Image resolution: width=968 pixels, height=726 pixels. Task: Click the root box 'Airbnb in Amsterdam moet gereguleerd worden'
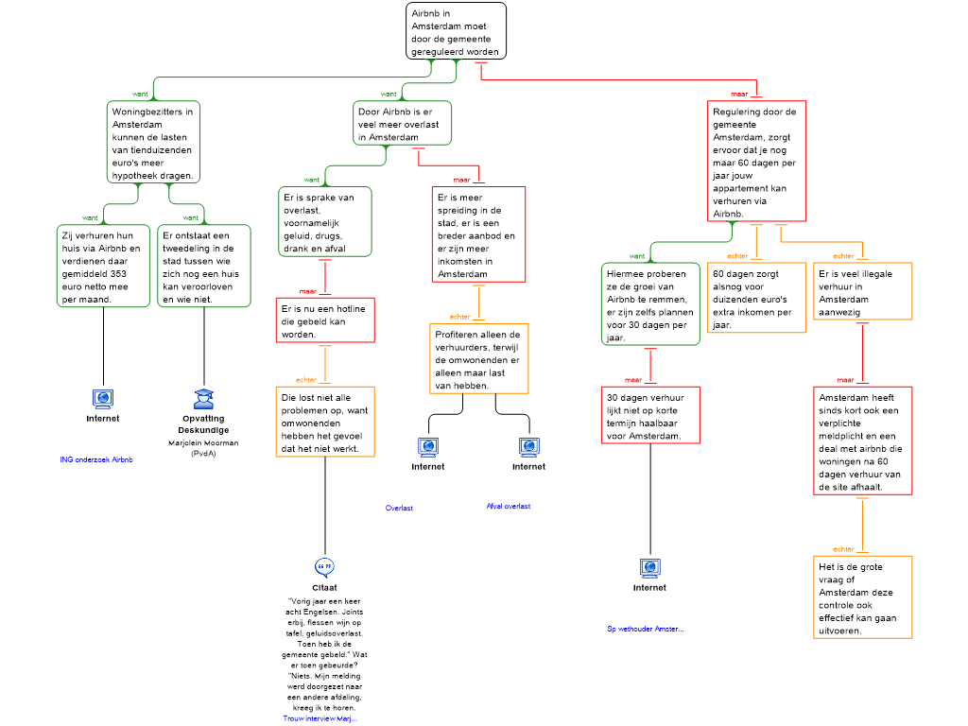pyautogui.click(x=456, y=31)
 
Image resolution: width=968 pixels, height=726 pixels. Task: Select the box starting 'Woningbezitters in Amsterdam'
pyautogui.click(x=154, y=142)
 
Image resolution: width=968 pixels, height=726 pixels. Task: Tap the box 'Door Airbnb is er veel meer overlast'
pyautogui.click(x=403, y=124)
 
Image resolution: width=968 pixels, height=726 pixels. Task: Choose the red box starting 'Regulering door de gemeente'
pyautogui.click(x=757, y=162)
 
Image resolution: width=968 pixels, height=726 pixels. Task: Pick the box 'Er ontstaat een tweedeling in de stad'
pyautogui.click(x=204, y=267)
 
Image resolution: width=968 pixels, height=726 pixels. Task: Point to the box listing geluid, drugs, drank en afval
pyautogui.click(x=325, y=222)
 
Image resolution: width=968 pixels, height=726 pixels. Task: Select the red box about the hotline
pyautogui.click(x=325, y=320)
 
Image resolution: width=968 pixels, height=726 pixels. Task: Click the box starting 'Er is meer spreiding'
pyautogui.click(x=478, y=234)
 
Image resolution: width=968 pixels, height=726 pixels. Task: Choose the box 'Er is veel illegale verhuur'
pyautogui.click(x=863, y=292)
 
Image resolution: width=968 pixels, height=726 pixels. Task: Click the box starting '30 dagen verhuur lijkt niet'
pyautogui.click(x=650, y=415)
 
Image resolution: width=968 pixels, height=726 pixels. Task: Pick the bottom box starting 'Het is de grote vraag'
pyautogui.click(x=863, y=597)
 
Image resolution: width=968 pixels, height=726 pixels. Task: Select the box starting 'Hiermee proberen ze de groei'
pyautogui.click(x=650, y=304)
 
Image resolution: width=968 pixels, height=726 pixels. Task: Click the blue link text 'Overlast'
pyautogui.click(x=400, y=509)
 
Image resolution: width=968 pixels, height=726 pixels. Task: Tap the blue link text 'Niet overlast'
pyautogui.click(x=509, y=507)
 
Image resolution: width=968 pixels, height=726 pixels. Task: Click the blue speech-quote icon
pyautogui.click(x=324, y=567)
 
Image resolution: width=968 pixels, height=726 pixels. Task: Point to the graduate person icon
pyautogui.click(x=203, y=399)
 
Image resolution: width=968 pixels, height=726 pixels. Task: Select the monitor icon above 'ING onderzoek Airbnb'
pyautogui.click(x=103, y=399)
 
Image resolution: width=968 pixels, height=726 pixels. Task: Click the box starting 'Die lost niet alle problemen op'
pyautogui.click(x=325, y=422)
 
